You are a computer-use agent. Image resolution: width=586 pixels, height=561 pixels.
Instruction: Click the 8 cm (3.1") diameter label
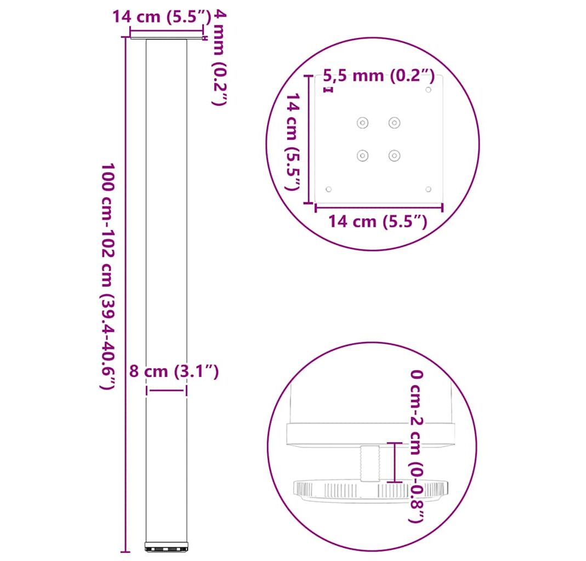click(x=174, y=371)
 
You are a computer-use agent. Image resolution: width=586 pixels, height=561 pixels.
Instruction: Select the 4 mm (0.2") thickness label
click(x=220, y=58)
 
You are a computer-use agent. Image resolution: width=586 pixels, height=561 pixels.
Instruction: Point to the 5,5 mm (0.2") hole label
click(x=379, y=76)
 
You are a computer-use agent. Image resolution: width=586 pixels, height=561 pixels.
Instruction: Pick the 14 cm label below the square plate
click(x=378, y=221)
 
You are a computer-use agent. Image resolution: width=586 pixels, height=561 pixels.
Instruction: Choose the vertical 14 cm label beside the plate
click(x=293, y=141)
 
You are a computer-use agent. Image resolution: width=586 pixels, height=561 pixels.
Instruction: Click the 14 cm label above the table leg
click(x=162, y=17)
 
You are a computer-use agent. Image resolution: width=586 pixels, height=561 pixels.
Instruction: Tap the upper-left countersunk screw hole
click(x=362, y=123)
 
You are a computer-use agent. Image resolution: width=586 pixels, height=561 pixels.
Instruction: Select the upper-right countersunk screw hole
click(x=394, y=123)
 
